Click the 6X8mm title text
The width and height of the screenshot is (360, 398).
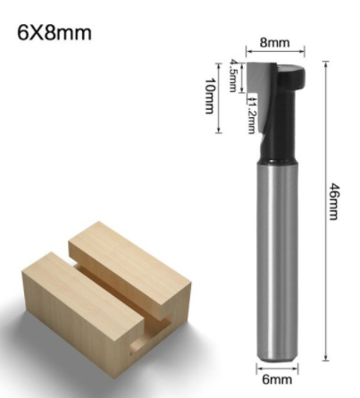tap(54, 32)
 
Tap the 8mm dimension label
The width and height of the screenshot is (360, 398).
tap(274, 43)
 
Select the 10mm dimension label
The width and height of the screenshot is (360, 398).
tap(210, 96)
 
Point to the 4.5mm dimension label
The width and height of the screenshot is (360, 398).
tap(233, 75)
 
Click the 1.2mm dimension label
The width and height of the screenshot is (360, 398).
tap(252, 114)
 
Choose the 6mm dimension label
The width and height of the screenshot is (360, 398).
tap(277, 379)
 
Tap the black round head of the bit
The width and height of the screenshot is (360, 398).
tap(291, 75)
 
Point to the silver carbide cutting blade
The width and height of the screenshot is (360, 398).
tap(262, 89)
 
